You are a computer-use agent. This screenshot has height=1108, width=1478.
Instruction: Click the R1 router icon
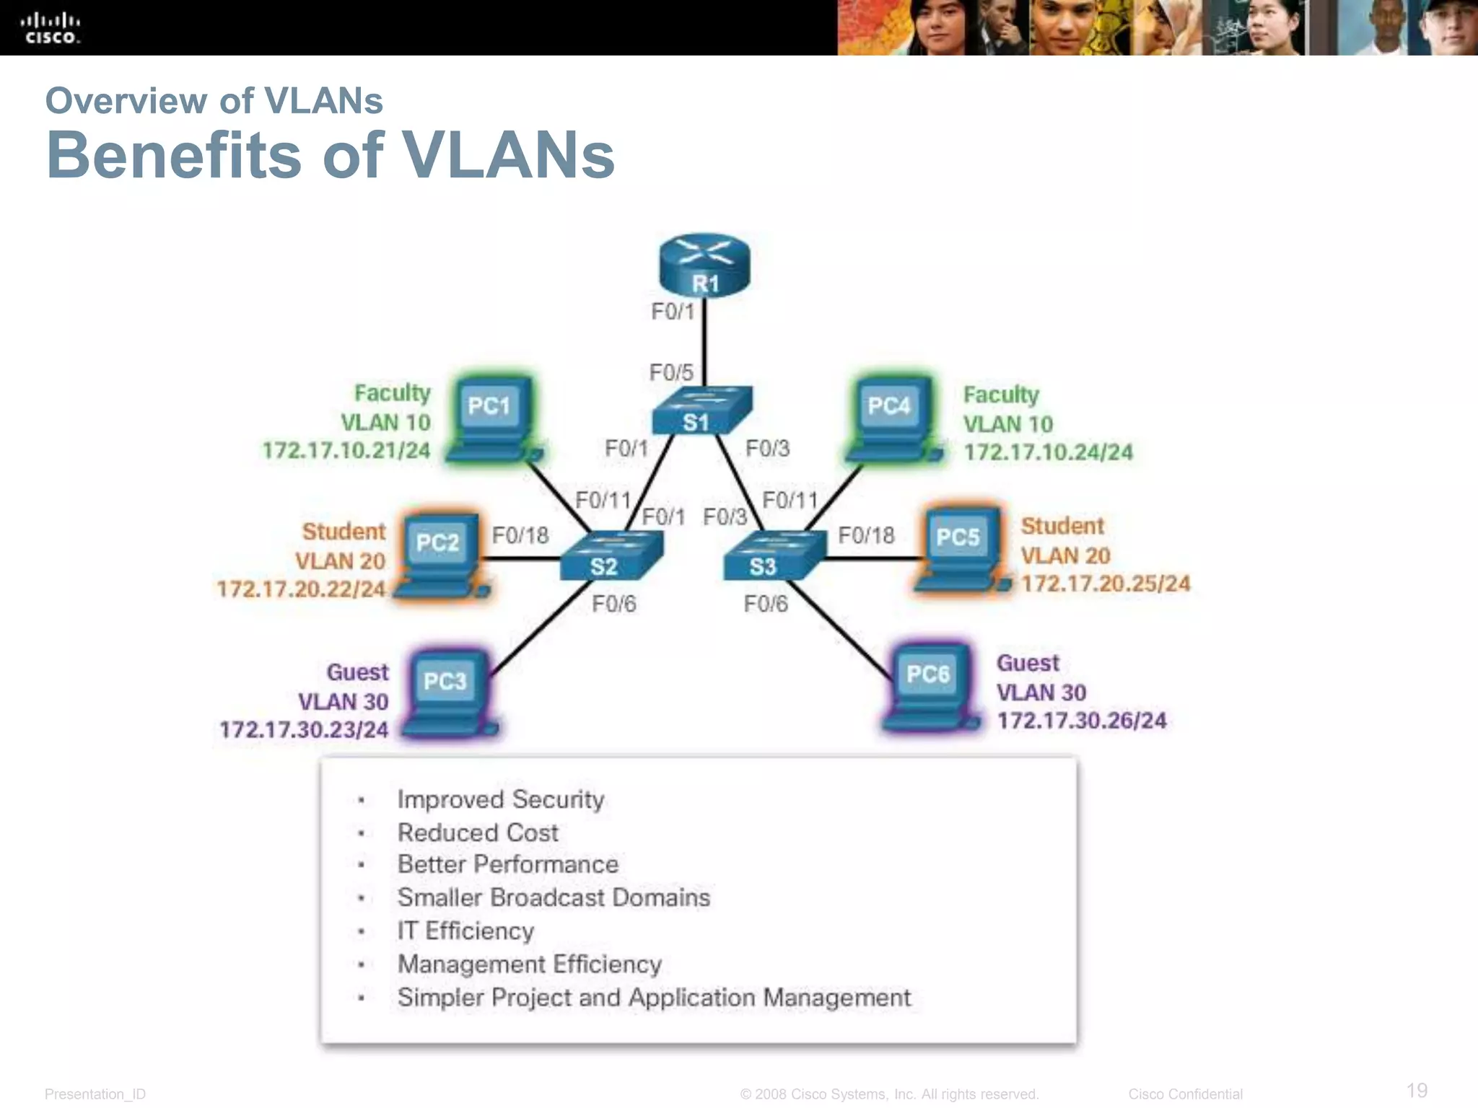click(x=704, y=265)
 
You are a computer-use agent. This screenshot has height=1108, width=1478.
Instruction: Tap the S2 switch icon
click(x=611, y=556)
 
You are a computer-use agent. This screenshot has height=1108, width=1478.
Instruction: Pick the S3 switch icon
click(x=774, y=556)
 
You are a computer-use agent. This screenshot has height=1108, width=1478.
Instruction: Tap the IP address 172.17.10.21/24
click(x=346, y=451)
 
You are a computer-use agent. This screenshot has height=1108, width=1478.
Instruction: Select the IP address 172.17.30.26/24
click(x=1081, y=721)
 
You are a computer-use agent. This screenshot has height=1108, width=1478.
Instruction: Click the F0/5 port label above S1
click(x=671, y=373)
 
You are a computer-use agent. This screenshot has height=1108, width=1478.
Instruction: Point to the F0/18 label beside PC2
click(x=520, y=536)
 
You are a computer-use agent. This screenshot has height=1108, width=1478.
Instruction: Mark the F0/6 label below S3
click(x=766, y=604)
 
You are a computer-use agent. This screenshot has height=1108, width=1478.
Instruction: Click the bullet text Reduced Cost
click(x=478, y=832)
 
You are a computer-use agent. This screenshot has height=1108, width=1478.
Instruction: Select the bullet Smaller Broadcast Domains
click(x=554, y=897)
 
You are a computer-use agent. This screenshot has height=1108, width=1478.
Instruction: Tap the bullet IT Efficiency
click(x=465, y=931)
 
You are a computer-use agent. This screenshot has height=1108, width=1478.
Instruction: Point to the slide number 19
click(x=1417, y=1090)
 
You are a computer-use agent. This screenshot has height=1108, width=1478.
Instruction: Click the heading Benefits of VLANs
click(x=331, y=155)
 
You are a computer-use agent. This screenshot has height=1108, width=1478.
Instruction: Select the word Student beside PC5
click(x=1062, y=526)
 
